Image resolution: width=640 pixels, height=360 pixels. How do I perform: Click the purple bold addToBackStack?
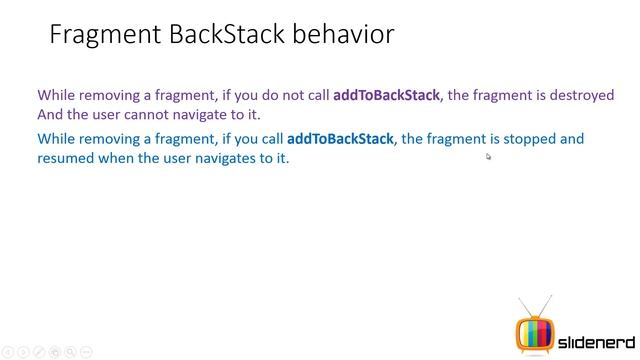point(386,96)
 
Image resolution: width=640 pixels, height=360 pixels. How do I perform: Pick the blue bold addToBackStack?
point(340,139)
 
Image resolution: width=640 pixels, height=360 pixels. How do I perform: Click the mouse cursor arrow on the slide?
point(489,156)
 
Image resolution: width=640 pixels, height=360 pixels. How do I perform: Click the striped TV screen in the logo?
point(534,331)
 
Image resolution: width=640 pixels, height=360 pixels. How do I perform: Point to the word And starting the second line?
point(50,115)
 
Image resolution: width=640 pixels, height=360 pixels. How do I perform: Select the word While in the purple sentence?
point(56,96)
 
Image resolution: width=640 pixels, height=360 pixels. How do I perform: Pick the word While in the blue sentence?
point(56,139)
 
